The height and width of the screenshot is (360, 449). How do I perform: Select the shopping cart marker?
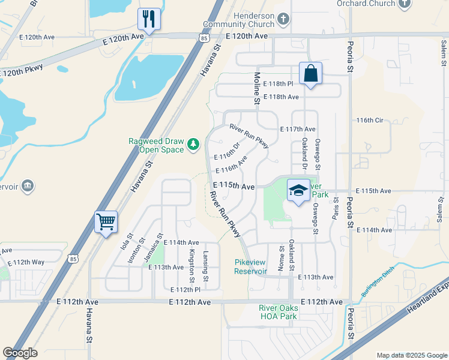click(x=106, y=221)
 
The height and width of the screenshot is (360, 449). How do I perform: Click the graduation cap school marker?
click(x=298, y=190)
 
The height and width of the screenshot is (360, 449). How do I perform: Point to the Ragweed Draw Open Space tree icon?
click(x=193, y=144)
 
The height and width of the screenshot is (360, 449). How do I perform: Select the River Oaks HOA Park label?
click(x=278, y=312)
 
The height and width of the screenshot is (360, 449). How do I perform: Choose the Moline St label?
click(x=257, y=89)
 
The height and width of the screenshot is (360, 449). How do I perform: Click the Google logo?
click(x=20, y=352)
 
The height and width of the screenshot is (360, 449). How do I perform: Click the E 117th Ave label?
click(x=298, y=129)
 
